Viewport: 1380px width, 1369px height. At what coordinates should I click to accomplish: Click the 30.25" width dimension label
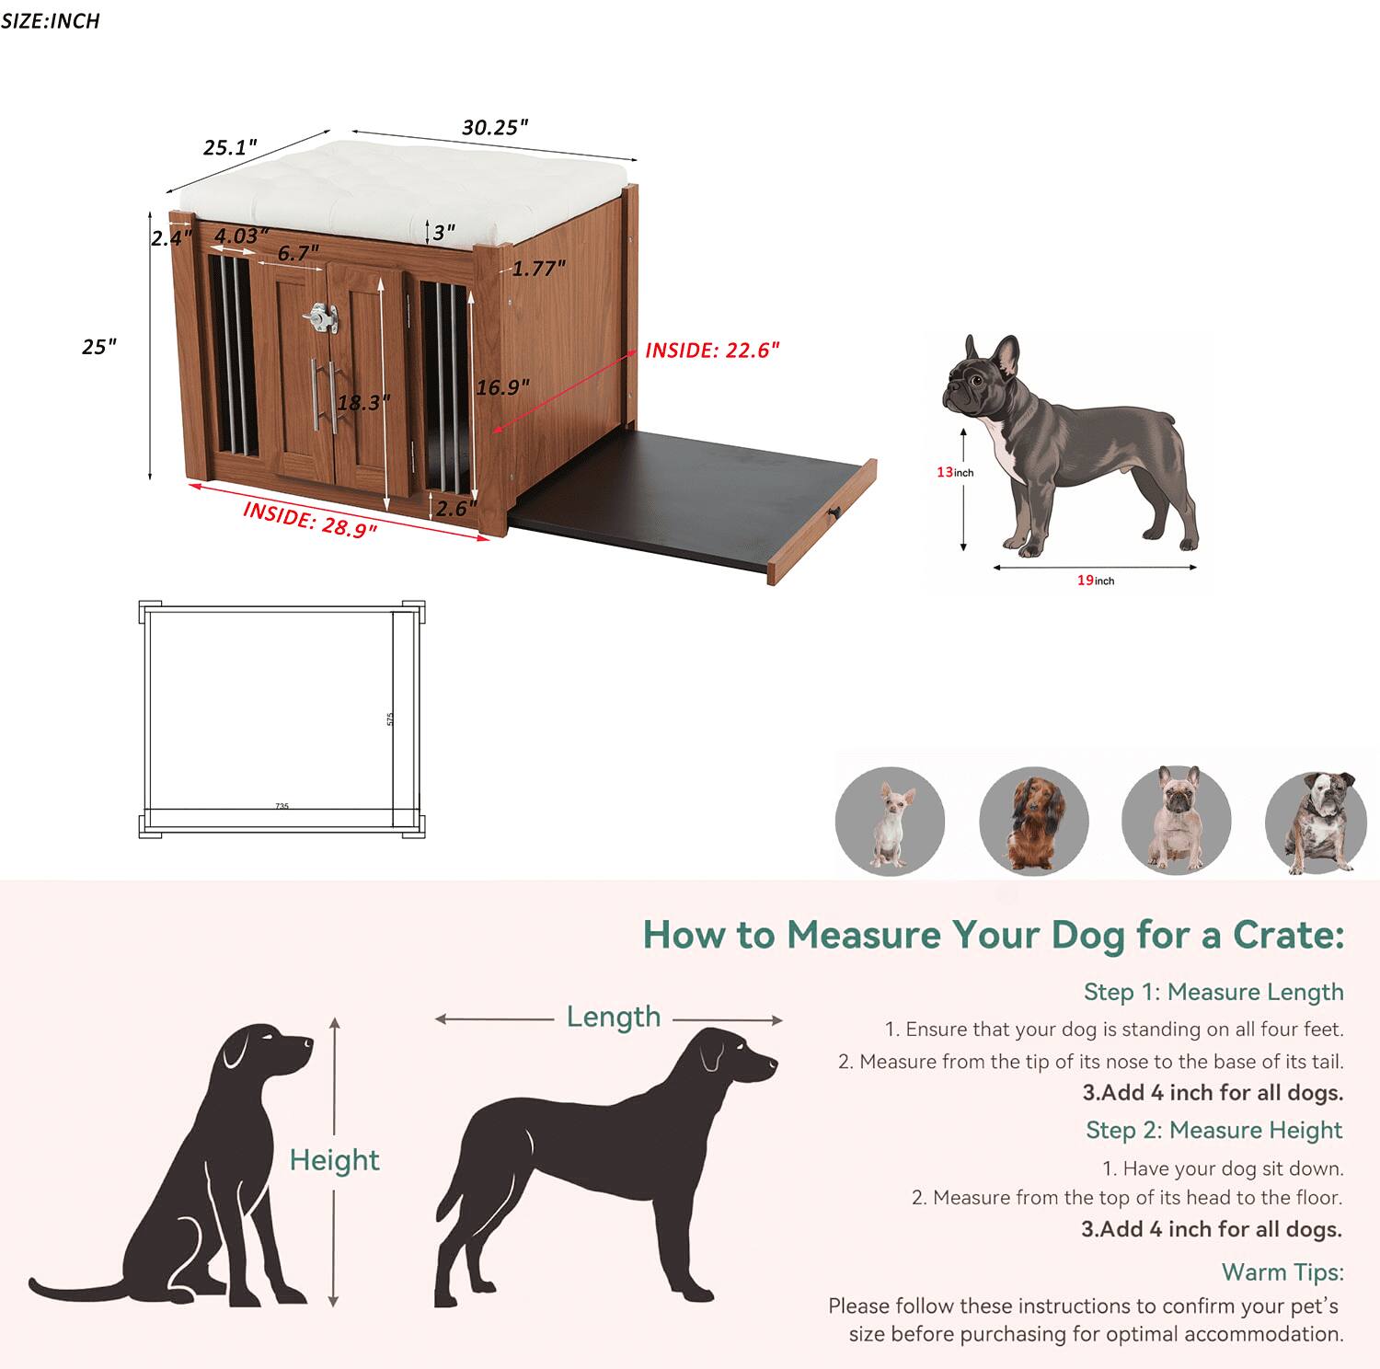495,127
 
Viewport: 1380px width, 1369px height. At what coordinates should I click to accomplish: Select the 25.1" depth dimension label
230,147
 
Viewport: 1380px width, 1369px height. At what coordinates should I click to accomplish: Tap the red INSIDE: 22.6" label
712,351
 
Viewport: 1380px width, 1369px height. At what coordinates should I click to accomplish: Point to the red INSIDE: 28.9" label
310,520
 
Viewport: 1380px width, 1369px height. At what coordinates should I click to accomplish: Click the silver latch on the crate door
321,317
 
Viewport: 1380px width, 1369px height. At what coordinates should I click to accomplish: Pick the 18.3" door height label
363,402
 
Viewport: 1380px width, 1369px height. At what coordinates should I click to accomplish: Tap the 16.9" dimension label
502,387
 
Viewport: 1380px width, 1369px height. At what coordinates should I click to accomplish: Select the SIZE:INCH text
51,21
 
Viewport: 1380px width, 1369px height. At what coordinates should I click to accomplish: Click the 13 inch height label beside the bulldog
954,472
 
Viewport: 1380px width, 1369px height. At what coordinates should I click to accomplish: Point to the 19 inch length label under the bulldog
1095,581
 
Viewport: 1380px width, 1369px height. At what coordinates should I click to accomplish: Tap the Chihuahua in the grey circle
890,821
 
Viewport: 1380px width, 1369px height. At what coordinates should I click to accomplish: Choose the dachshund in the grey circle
1034,821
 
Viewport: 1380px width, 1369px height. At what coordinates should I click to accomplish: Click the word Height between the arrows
334,1160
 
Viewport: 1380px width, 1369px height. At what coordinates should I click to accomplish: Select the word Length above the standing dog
613,1017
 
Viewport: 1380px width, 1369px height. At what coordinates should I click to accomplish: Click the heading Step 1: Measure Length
1213,992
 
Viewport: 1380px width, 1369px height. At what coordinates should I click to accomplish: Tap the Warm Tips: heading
1282,1271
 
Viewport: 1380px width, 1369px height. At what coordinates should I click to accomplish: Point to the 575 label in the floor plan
390,719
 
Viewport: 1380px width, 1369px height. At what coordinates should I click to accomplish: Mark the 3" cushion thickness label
443,232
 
